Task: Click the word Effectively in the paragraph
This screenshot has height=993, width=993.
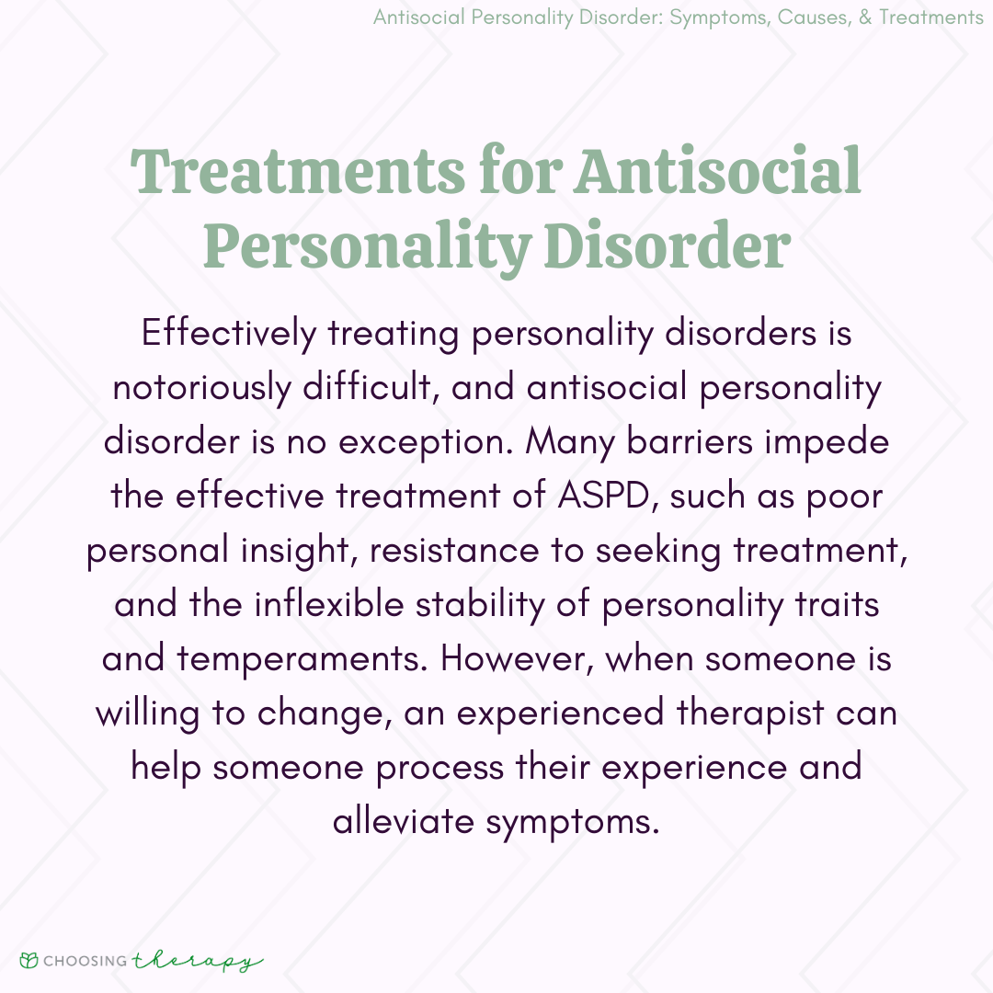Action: [x=229, y=334]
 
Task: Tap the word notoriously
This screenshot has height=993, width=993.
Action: [x=201, y=388]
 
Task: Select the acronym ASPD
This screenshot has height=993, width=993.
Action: [x=604, y=496]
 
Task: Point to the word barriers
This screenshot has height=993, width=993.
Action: [x=689, y=441]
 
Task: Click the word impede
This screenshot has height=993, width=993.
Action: [x=827, y=442]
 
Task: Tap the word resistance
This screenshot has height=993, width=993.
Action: [x=455, y=551]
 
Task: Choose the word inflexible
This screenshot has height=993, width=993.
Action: [x=328, y=604]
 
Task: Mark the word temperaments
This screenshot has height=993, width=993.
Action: [x=299, y=660]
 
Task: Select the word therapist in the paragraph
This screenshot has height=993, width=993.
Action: [x=750, y=714]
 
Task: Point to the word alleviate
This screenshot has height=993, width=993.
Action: [x=404, y=822]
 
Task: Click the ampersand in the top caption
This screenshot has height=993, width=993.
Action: [x=865, y=17]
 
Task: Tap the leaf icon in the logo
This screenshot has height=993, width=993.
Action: [x=29, y=960]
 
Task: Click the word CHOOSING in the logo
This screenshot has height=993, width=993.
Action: [x=86, y=961]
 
